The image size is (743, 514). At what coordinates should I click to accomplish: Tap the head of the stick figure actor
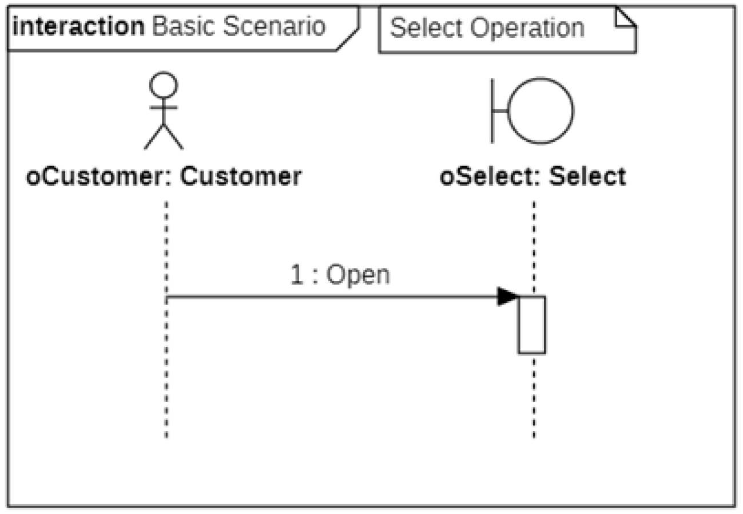164,85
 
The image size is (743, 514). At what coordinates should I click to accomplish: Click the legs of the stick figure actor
164,137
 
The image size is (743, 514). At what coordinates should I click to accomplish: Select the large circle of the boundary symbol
540,110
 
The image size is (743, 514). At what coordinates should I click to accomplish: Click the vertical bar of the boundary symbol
492,110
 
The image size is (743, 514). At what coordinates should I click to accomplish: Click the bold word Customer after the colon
241,177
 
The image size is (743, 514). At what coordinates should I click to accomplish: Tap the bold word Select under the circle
587,177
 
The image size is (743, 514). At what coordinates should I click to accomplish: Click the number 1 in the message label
296,275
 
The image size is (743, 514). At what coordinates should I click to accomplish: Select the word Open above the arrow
358,275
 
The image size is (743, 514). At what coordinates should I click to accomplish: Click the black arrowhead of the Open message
507,296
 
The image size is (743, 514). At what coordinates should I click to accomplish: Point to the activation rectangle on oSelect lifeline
531,325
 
